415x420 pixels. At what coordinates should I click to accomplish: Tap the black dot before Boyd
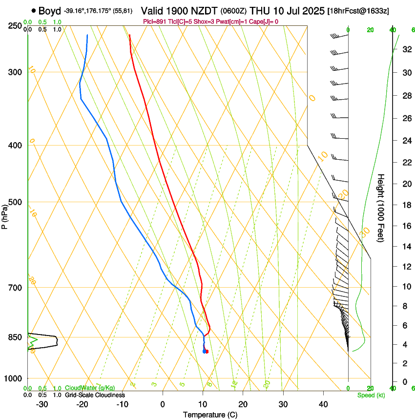tap(33, 10)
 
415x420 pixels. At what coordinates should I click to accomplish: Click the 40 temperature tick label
tap(323, 404)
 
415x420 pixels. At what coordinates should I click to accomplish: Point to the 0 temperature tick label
tap(163, 404)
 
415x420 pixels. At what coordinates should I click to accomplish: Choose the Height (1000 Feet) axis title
tap(381, 208)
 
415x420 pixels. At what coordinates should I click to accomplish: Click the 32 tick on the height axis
tap(405, 49)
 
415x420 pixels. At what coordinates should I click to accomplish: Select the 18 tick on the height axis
tap(405, 205)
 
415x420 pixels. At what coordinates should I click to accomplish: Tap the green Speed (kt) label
tap(371, 395)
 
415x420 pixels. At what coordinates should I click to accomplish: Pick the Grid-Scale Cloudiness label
tap(94, 395)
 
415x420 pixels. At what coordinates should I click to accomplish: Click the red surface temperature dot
tap(207, 352)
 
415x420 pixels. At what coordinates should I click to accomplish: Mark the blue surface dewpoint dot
tap(204, 352)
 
